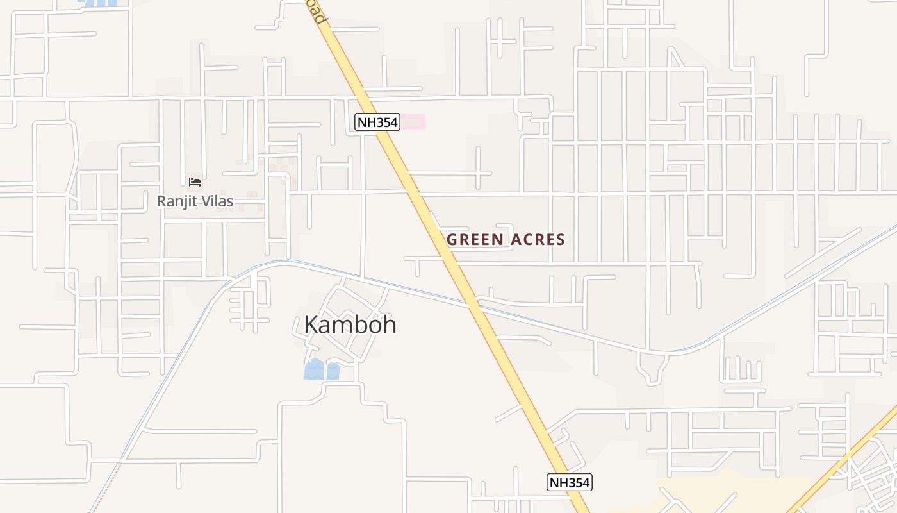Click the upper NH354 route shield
377,122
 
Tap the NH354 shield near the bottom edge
569,482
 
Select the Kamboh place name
350,324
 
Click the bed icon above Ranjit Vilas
195,183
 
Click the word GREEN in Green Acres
474,240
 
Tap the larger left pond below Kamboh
313,369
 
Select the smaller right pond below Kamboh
333,371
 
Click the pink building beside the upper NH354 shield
413,121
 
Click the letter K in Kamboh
311,324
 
